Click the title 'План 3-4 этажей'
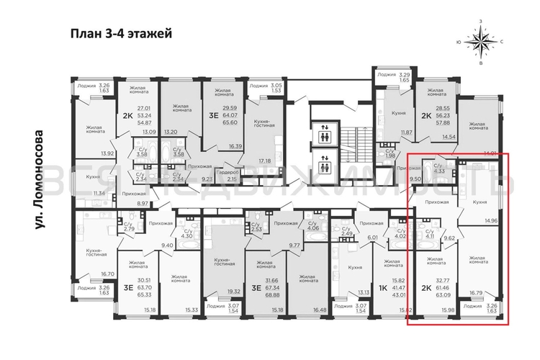pyautogui.click(x=121, y=33)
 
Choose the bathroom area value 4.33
pyautogui.click(x=439, y=171)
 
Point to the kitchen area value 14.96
pyautogui.click(x=492, y=222)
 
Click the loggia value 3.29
pyautogui.click(x=405, y=74)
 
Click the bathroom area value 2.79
pyautogui.click(x=130, y=229)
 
